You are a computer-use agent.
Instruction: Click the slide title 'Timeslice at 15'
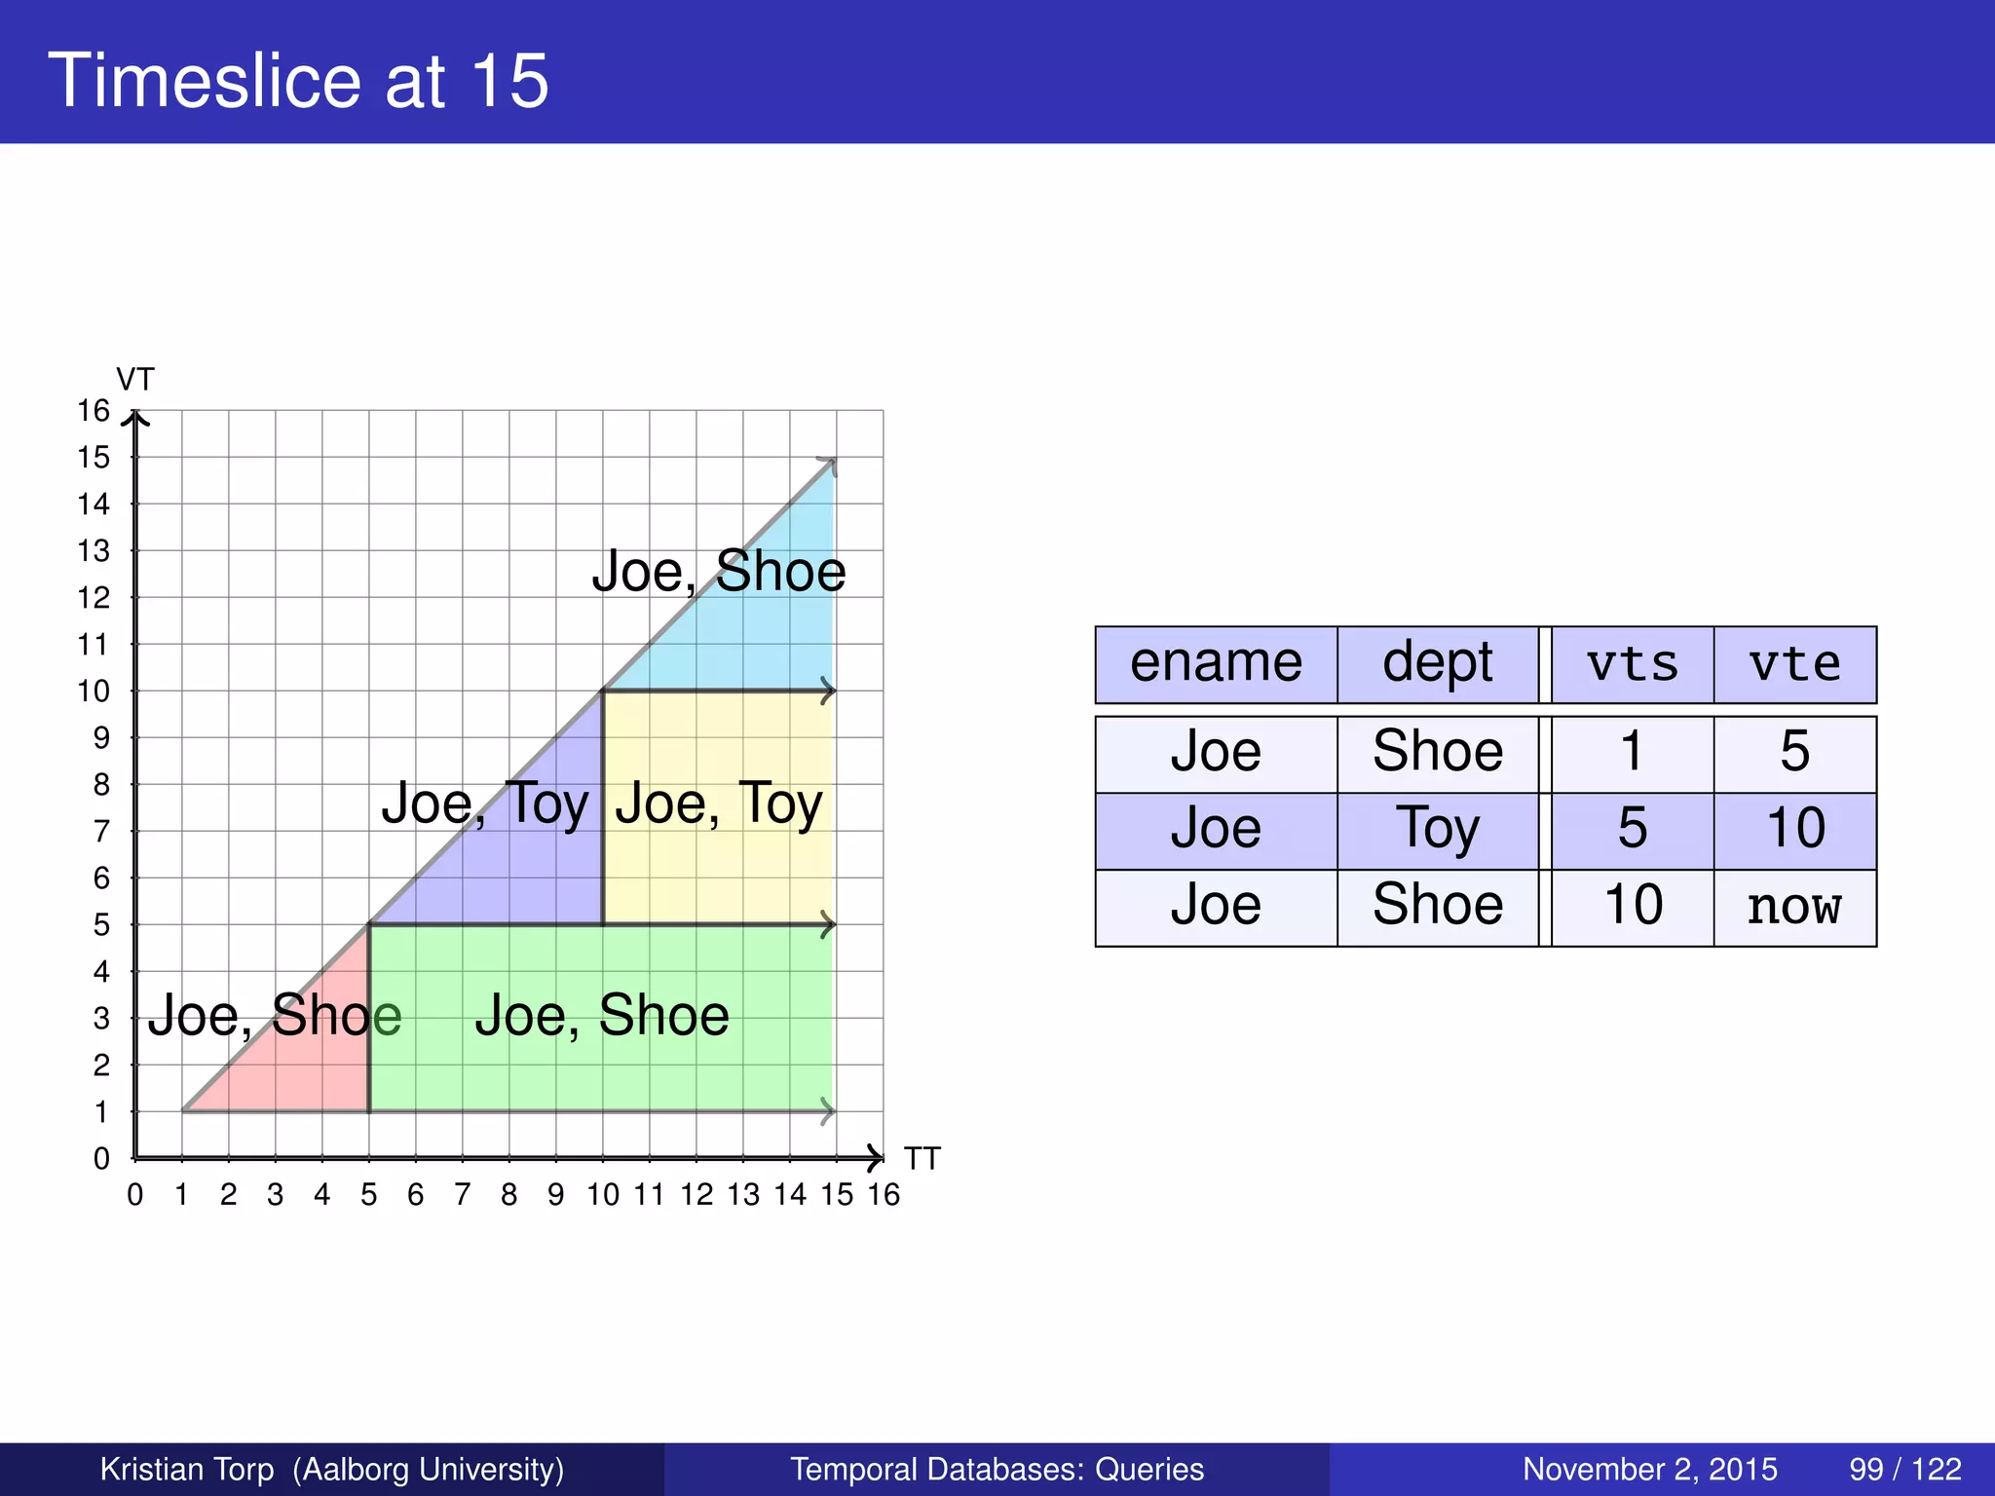point(298,80)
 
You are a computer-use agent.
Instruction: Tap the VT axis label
point(135,379)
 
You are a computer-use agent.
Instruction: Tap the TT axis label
point(922,1158)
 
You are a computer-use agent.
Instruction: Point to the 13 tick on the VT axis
point(94,551)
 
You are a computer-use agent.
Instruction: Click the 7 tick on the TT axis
point(463,1194)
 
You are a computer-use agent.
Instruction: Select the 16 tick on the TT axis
point(884,1194)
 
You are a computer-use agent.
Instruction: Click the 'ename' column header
point(1216,664)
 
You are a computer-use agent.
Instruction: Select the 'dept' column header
point(1437,664)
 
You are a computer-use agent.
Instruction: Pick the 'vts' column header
point(1632,664)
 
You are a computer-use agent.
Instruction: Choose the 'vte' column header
point(1794,664)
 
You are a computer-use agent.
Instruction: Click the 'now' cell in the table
point(1794,907)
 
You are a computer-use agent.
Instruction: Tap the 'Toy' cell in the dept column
point(1437,830)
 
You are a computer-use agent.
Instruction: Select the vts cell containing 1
point(1632,753)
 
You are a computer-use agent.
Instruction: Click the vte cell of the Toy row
point(1794,830)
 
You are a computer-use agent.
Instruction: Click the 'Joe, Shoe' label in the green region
point(602,1016)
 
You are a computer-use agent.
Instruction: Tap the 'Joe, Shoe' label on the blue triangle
point(719,571)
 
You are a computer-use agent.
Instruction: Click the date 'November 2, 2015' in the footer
point(1649,1469)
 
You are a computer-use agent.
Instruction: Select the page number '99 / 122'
point(1904,1469)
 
